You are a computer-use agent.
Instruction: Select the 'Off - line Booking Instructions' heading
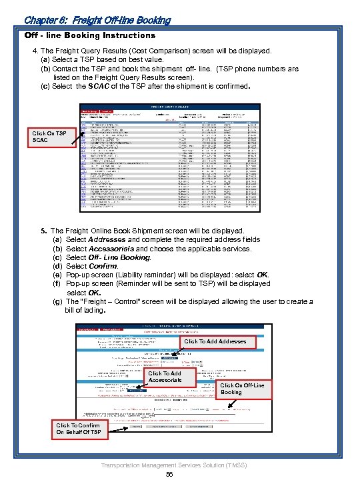pyautogui.click(x=90, y=35)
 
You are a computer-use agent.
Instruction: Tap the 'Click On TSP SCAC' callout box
pyautogui.click(x=49, y=137)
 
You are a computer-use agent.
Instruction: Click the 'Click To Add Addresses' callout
pyautogui.click(x=215, y=341)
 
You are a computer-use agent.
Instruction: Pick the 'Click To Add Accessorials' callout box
pyautogui.click(x=164, y=377)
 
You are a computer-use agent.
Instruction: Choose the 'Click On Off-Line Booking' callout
pyautogui.click(x=243, y=389)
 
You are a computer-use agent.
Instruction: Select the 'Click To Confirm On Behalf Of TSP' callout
pyautogui.click(x=79, y=429)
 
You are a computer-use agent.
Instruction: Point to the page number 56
pyautogui.click(x=169, y=473)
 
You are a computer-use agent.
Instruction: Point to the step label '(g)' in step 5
pyautogui.click(x=57, y=301)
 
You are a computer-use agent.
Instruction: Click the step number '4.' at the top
pyautogui.click(x=36, y=51)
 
